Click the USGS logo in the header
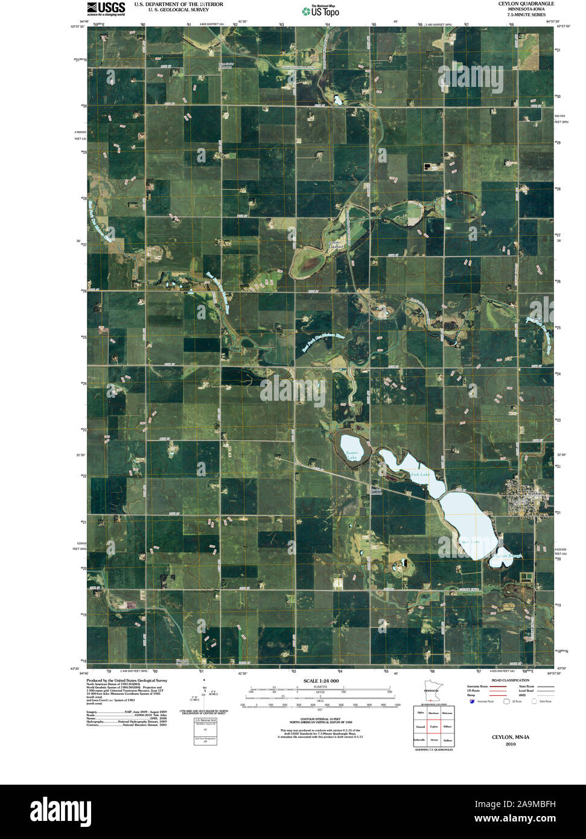click(106, 8)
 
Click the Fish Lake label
click(420, 475)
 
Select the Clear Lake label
click(469, 541)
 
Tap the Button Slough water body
click(503, 556)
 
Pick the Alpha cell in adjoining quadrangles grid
click(420, 713)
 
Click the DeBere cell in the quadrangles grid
click(447, 739)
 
